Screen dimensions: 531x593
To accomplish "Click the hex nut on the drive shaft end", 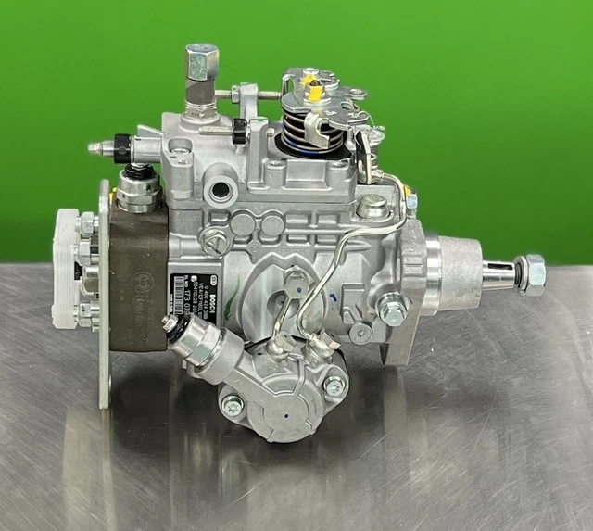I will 532,274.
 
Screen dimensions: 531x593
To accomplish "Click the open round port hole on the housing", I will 221,192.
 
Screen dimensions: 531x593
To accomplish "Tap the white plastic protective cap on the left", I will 69,269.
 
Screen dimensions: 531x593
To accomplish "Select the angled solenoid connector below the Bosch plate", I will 196,345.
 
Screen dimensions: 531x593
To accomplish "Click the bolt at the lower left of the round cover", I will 232,404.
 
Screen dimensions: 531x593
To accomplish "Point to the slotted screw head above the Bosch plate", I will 216,243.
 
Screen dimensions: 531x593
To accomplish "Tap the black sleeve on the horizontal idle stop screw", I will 239,131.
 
